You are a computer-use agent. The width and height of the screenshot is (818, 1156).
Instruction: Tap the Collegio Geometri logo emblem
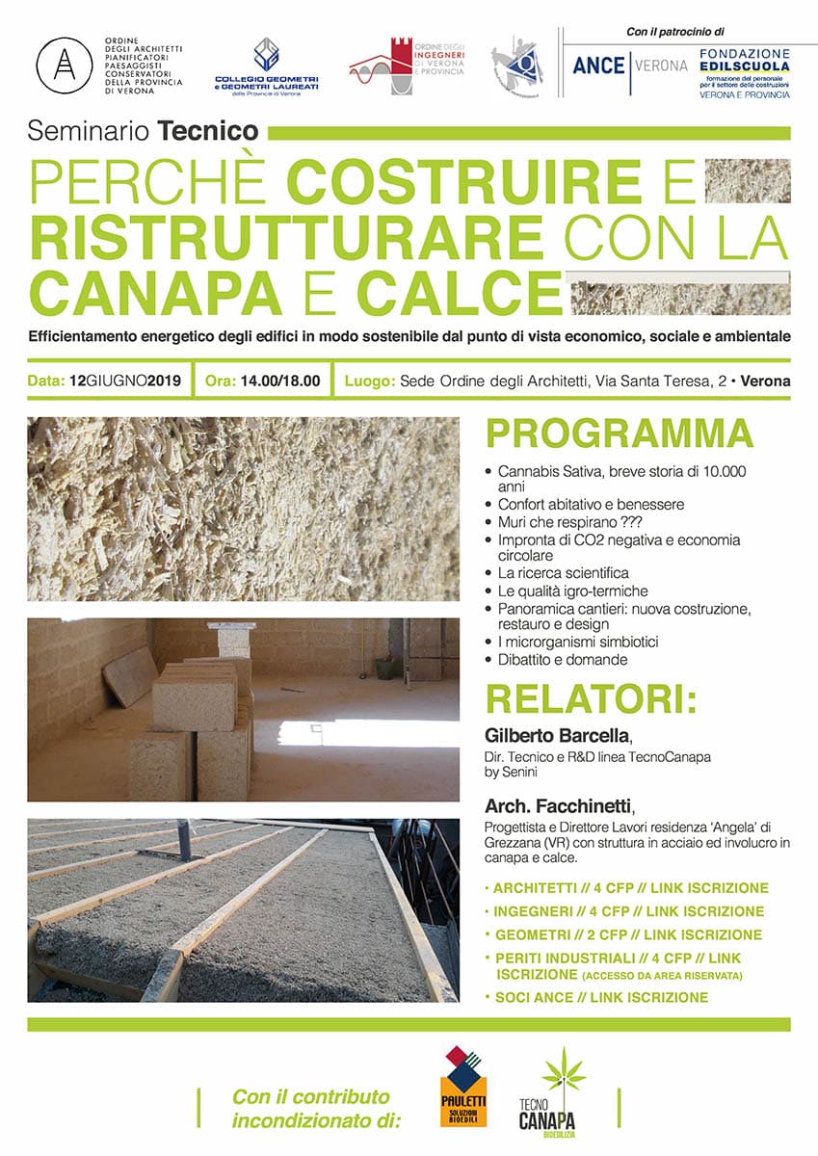pos(267,56)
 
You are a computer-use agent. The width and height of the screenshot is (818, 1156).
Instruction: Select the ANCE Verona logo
pos(630,66)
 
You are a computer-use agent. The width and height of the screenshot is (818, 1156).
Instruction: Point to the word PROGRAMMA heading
pos(620,433)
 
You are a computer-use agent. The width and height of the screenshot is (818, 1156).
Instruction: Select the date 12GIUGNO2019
pos(125,381)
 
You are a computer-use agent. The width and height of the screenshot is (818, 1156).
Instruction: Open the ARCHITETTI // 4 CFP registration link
pos(632,888)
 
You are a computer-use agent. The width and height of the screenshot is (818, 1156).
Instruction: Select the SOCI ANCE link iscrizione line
pos(601,997)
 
